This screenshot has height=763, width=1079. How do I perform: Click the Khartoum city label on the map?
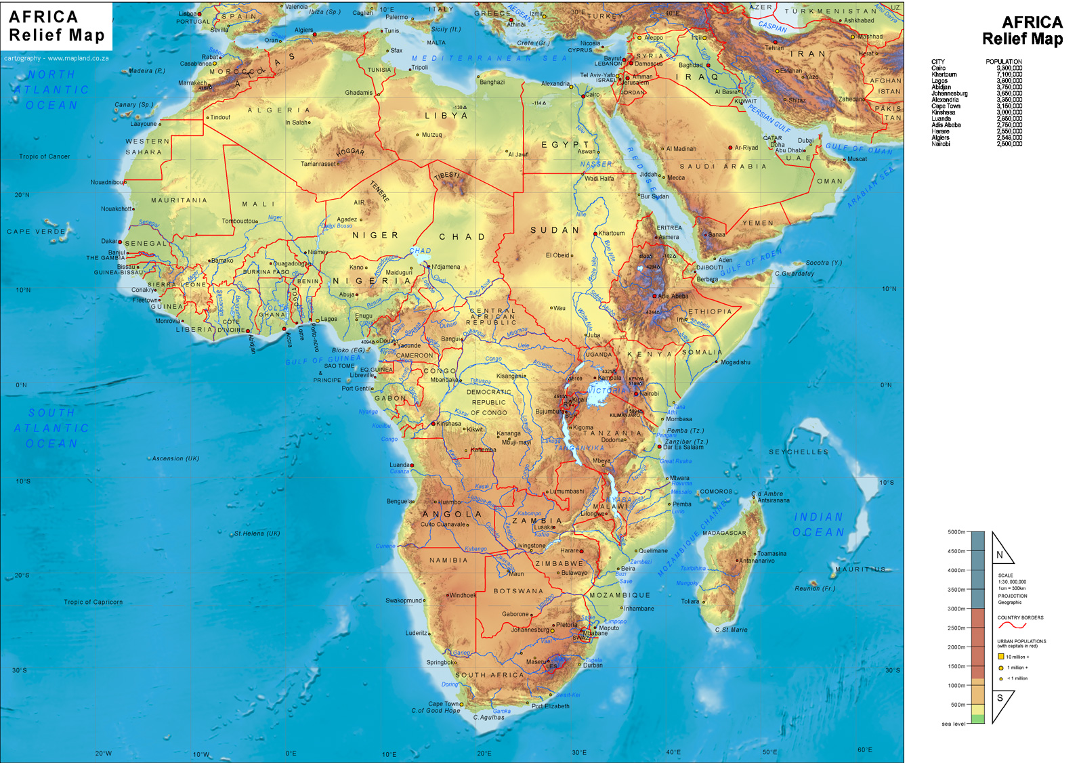pyautogui.click(x=612, y=233)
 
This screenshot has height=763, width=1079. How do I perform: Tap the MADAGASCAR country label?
pyautogui.click(x=724, y=533)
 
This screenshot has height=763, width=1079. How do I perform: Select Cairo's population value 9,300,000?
pyautogui.click(x=1009, y=68)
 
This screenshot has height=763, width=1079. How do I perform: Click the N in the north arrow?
pyautogui.click(x=999, y=555)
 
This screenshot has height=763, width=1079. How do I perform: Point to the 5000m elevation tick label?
pyautogui.click(x=956, y=532)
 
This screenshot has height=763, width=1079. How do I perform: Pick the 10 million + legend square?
pyautogui.click(x=1000, y=657)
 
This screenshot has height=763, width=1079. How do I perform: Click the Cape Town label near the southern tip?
pyautogui.click(x=443, y=703)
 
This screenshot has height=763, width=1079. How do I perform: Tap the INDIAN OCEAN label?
pyautogui.click(x=818, y=525)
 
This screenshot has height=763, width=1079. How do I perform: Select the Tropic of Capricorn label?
pyautogui.click(x=93, y=602)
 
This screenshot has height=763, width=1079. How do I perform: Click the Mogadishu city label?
pyautogui.click(x=736, y=362)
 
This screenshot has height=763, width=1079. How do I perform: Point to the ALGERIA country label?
pyautogui.click(x=278, y=110)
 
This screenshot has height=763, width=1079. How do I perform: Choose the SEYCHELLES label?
pyautogui.click(x=798, y=452)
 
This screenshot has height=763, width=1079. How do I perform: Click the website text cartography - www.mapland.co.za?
pyautogui.click(x=56, y=58)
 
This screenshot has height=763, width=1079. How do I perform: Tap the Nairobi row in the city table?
pyautogui.click(x=976, y=144)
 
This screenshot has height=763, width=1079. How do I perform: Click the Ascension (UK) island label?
pyautogui.click(x=175, y=458)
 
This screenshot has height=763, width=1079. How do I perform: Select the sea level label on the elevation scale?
pyautogui.click(x=953, y=724)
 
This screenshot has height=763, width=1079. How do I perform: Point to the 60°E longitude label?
pyautogui.click(x=864, y=749)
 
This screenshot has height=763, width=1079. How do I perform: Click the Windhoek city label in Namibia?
pyautogui.click(x=463, y=595)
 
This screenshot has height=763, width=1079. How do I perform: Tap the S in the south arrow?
pyautogui.click(x=999, y=699)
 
